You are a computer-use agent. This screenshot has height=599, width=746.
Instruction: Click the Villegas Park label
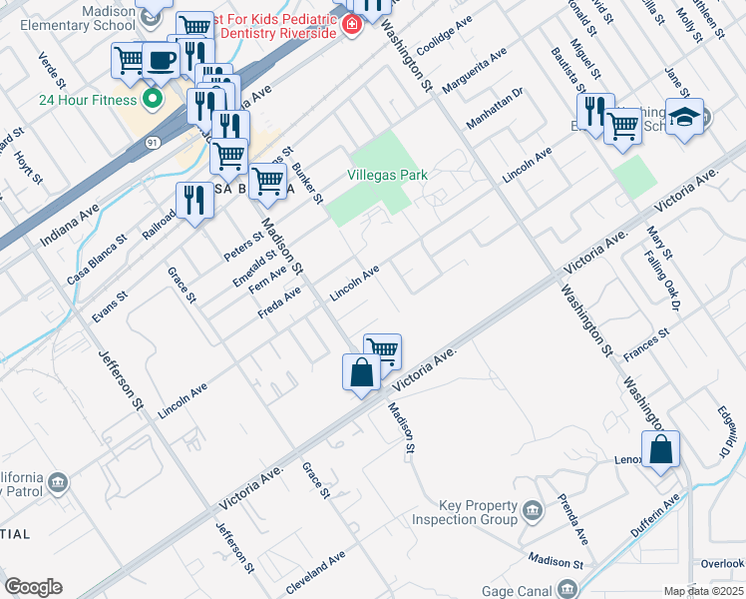[387, 175]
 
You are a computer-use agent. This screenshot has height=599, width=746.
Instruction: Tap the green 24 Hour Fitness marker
[153, 99]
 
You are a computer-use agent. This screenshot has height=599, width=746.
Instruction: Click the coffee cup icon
[161, 61]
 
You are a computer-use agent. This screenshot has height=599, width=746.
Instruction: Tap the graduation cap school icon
[684, 117]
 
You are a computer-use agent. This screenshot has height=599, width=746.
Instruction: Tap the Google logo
[33, 587]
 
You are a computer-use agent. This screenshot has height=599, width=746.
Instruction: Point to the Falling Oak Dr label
[675, 283]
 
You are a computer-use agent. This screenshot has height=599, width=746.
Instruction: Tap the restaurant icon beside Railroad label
[194, 200]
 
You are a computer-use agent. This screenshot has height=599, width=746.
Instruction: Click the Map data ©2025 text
[703, 591]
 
